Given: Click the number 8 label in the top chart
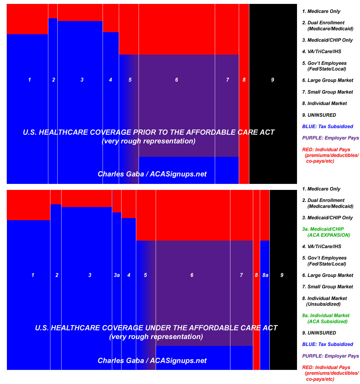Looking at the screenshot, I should pos(244,80).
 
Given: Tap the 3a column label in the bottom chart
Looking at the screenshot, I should pos(117,275).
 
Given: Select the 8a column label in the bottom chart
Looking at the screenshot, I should pos(265,275).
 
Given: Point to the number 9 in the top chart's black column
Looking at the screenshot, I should pos(272,80).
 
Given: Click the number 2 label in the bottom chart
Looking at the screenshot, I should pos(57,275).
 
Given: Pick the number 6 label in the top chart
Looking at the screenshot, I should pos(177,80).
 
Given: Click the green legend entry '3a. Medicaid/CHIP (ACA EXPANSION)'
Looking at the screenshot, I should pos(326,232).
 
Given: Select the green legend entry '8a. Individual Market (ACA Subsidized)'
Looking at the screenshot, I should pos(326,318).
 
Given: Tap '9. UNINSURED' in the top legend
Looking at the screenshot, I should pos(319,115).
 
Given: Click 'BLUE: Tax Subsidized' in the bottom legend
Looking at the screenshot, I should pos(328,344).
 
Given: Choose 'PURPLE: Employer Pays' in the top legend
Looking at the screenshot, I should pos(331,138).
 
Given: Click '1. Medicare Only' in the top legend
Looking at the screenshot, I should pos(321,11).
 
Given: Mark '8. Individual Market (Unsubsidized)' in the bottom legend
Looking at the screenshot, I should pos(324,301).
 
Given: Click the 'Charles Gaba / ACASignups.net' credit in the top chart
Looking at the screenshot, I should pos(152,174).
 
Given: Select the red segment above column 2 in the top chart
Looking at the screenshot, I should pos(53,11).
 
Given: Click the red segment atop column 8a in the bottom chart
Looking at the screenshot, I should pos(265,215).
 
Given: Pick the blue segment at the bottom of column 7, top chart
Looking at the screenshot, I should pos(227,170).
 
